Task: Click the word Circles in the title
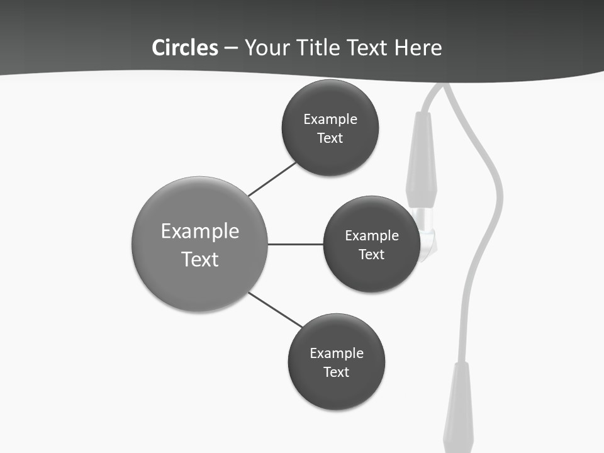tap(185, 47)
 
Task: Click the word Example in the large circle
tap(200, 232)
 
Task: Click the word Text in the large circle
tap(200, 259)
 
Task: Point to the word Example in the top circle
tap(330, 120)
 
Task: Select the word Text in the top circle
tap(330, 138)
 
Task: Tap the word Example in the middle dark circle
tap(372, 236)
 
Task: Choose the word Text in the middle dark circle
tap(371, 255)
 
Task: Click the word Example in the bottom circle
tap(337, 354)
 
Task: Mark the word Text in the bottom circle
tap(336, 372)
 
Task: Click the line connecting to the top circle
tap(272, 179)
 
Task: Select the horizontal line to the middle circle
tap(296, 244)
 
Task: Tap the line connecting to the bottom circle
tap(276, 310)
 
